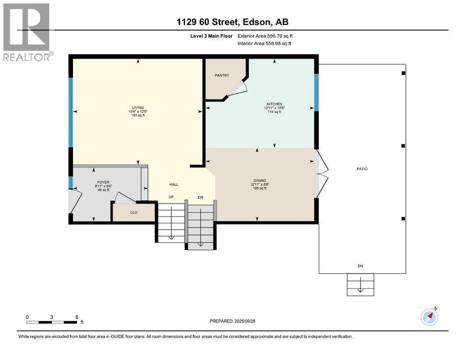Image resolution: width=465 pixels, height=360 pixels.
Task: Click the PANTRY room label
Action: (x=222, y=75)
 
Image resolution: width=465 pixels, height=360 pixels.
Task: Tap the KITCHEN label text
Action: (x=274, y=104)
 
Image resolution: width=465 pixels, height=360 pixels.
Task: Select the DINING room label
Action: (x=260, y=180)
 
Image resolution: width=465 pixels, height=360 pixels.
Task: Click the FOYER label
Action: (x=103, y=182)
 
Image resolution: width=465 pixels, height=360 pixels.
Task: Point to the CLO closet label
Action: (x=134, y=212)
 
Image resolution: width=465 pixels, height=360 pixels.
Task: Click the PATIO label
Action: (x=362, y=169)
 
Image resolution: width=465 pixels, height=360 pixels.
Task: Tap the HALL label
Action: (x=174, y=185)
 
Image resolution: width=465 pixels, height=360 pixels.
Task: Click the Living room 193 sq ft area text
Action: (x=138, y=115)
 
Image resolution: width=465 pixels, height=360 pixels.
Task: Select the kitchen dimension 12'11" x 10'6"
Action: (x=274, y=108)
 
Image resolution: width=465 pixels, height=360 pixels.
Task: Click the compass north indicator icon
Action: (x=429, y=317)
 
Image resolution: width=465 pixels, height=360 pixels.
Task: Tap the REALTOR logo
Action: (x=28, y=32)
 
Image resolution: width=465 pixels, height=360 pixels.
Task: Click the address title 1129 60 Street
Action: (x=207, y=22)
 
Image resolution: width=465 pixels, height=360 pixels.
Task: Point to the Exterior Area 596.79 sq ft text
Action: (x=265, y=36)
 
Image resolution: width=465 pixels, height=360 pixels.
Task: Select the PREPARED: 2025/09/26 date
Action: (x=232, y=321)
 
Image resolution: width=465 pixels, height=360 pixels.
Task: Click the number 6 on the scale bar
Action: (x=77, y=317)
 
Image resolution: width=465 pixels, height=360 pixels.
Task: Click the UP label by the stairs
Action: (x=171, y=197)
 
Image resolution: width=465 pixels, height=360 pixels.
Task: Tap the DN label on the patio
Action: (x=360, y=266)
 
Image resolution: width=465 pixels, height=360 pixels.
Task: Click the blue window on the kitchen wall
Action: (x=317, y=92)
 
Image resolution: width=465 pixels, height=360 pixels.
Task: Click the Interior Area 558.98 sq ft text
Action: (x=264, y=43)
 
